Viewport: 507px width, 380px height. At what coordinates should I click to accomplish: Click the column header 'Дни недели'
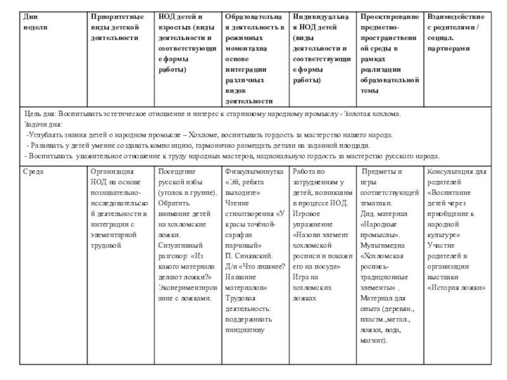(35, 22)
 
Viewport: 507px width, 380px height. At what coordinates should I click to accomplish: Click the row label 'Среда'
(34, 172)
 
